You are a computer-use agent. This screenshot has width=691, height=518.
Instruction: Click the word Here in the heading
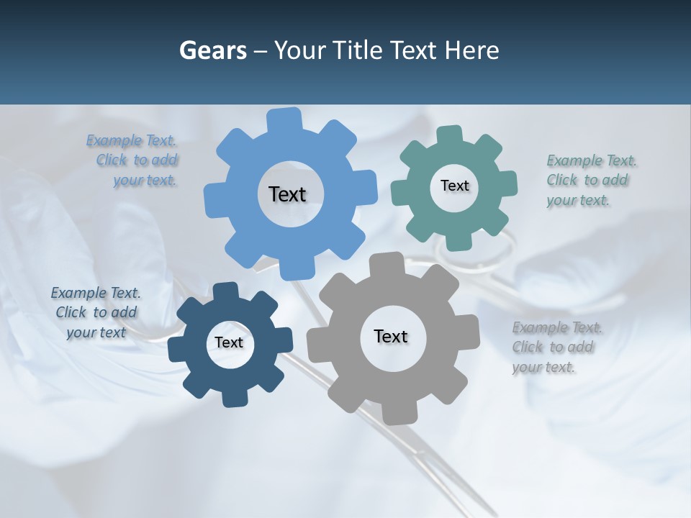[472, 51]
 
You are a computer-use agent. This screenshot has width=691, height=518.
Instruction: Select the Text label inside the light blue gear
[287, 194]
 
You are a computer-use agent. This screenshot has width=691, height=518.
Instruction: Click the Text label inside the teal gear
[454, 186]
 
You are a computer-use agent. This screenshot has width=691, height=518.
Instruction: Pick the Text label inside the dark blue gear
[229, 342]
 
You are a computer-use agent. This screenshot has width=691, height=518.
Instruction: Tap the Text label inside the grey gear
[390, 336]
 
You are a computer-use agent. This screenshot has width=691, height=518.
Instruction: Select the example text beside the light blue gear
[136, 160]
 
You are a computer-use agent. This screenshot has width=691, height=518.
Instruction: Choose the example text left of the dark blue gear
[96, 312]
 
